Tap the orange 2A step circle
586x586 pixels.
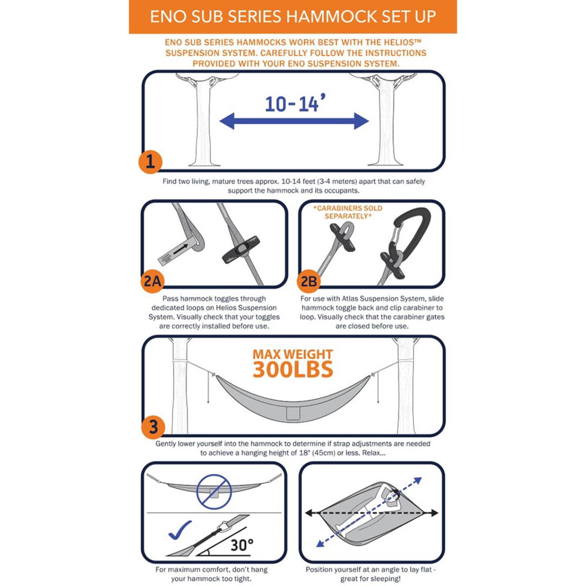(152, 281)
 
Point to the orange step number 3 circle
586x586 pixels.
(153, 426)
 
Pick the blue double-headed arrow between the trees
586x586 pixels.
(294, 121)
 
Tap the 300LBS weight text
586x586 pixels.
(293, 370)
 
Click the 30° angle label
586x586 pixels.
(242, 544)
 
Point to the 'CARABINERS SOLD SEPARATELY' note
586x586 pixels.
(348, 212)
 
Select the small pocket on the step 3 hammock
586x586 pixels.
(293, 413)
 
